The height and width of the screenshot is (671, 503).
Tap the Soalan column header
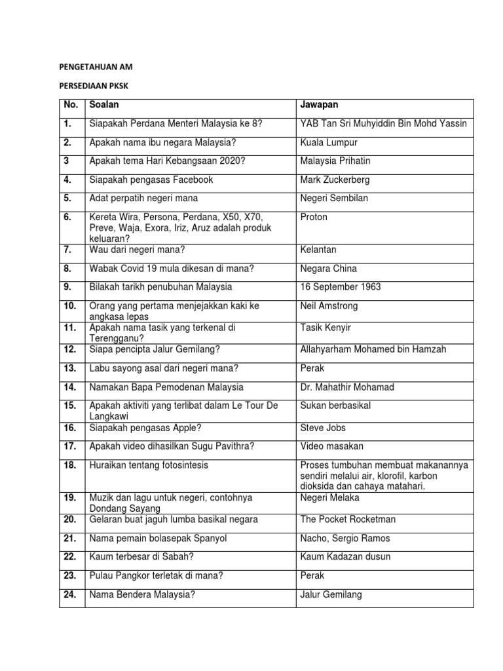tap(103, 104)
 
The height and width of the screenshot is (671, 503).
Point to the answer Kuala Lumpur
tap(329, 142)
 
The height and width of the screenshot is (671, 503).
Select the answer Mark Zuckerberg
tap(335, 180)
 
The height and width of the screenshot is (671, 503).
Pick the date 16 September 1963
tap(341, 287)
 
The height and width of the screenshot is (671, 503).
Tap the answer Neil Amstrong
tap(329, 306)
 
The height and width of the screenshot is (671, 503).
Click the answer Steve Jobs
tap(322, 427)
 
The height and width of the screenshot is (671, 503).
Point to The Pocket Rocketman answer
tap(347, 520)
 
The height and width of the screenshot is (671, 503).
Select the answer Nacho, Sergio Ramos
tap(345, 538)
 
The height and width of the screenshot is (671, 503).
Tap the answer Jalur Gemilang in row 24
tap(331, 595)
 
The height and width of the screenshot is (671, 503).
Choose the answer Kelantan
tap(318, 250)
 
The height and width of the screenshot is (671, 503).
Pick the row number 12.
tap(71, 349)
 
